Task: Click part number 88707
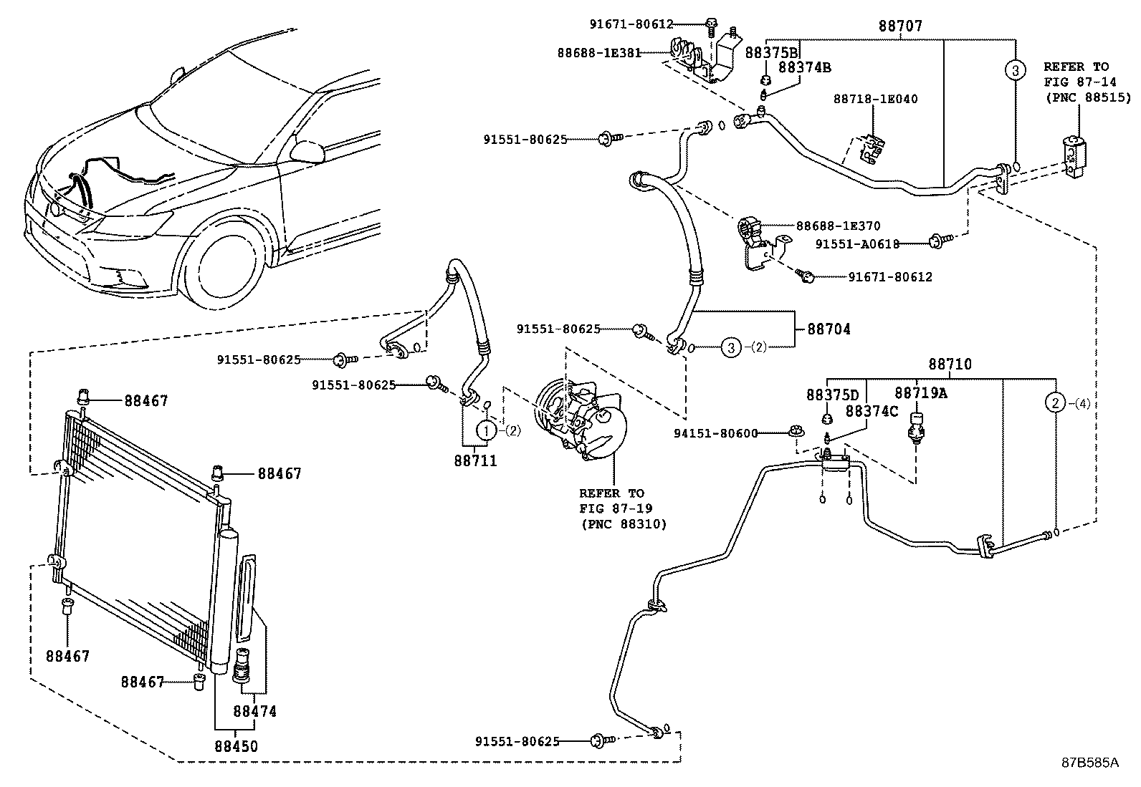pyautogui.click(x=900, y=26)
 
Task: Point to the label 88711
pyautogui.click(x=474, y=461)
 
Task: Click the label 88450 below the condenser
pyautogui.click(x=236, y=746)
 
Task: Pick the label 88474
pyautogui.click(x=254, y=712)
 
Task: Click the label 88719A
pyautogui.click(x=920, y=393)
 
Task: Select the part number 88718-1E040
pyautogui.click(x=875, y=100)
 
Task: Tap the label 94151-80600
pyautogui.click(x=716, y=433)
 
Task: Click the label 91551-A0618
pyautogui.click(x=856, y=243)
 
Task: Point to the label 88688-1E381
pyautogui.click(x=599, y=53)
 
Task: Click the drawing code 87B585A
pyautogui.click(x=1089, y=763)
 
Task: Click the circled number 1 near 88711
pyautogui.click(x=487, y=430)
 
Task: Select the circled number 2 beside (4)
pyautogui.click(x=1056, y=403)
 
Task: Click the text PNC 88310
pyautogui.click(x=624, y=524)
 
